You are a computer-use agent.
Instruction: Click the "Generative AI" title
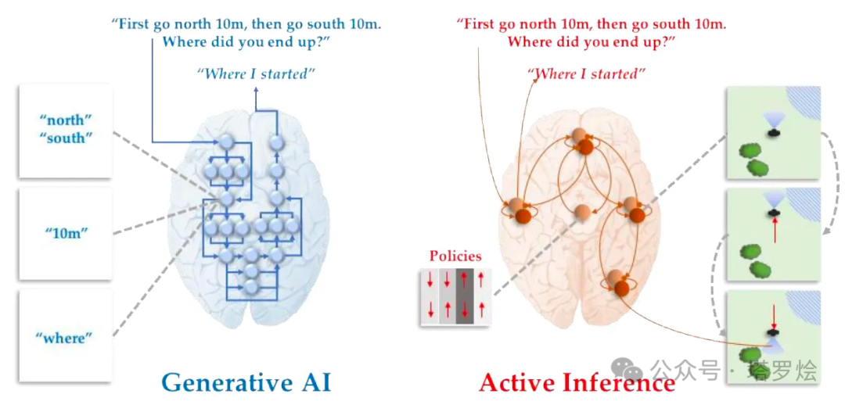tap(246, 382)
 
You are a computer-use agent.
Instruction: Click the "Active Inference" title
tap(577, 382)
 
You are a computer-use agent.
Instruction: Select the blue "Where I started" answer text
tap(255, 74)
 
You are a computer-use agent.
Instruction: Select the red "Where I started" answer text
tap(586, 74)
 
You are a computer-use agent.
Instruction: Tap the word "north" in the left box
tap(66, 121)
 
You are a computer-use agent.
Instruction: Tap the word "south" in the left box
tap(66, 138)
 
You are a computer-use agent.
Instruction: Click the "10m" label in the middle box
tap(66, 233)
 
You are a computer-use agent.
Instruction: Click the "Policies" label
tap(455, 256)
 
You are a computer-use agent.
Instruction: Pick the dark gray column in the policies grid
tap(466, 296)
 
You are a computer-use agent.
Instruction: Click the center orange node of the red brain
tap(581, 212)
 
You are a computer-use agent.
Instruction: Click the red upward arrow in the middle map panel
tap(775, 231)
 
